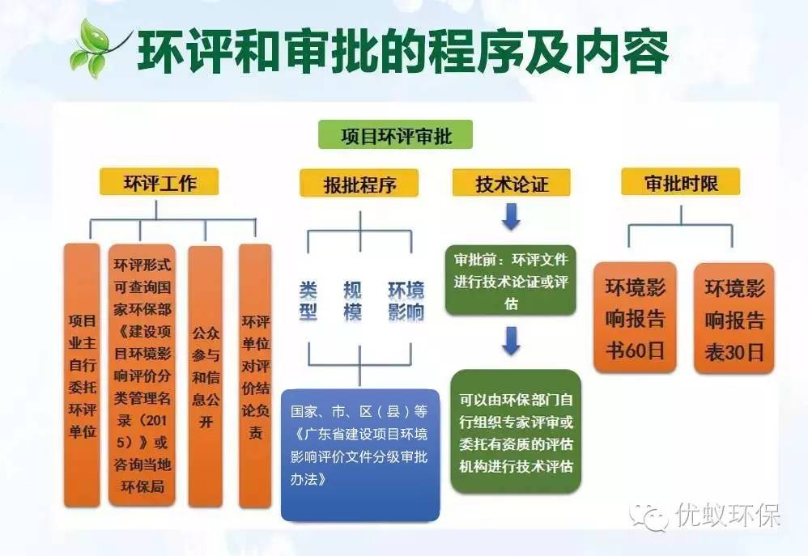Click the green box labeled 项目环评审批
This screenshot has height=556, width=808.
click(396, 134)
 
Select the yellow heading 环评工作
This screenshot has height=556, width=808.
click(159, 182)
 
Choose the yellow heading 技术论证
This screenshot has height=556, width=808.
click(511, 183)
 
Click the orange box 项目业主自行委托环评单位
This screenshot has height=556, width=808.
click(82, 376)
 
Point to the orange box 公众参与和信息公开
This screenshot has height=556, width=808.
click(205, 376)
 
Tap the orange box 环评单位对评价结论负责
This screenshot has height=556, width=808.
click(255, 376)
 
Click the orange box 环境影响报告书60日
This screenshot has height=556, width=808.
click(635, 318)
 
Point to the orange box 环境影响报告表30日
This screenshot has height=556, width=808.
click(734, 318)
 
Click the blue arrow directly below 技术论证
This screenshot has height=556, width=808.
click(511, 217)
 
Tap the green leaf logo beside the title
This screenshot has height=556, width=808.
click(98, 47)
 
